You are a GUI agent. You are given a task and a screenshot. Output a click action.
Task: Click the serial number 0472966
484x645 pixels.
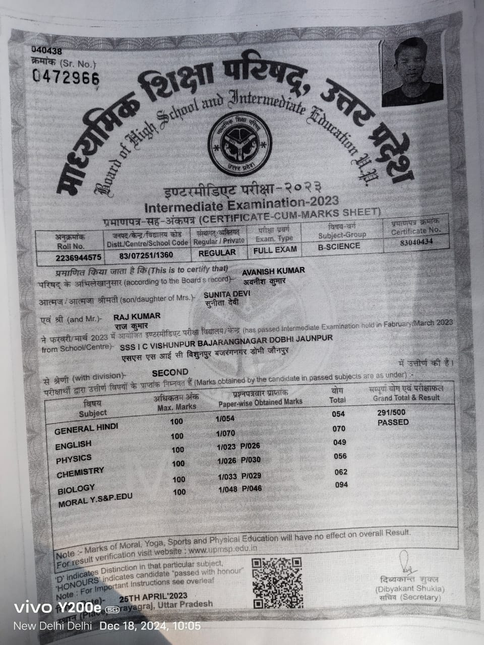(x=66, y=77)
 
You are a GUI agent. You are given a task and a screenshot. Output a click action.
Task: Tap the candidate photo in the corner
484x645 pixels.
(x=412, y=72)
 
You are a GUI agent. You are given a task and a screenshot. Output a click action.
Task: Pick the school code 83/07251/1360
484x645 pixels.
(x=146, y=255)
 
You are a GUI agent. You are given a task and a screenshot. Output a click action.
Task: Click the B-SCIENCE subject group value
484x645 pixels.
(x=339, y=246)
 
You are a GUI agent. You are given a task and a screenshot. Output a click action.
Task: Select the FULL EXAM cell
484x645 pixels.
(x=275, y=249)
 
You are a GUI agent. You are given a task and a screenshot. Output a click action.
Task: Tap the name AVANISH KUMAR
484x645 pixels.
(x=273, y=271)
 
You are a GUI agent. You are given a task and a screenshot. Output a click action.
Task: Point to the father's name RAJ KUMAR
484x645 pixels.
(x=137, y=316)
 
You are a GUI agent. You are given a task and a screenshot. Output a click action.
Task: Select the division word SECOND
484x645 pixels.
(x=170, y=372)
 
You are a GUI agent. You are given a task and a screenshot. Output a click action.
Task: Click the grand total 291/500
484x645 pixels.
(x=391, y=412)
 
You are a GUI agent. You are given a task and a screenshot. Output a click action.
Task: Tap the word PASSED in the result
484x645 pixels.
(x=393, y=422)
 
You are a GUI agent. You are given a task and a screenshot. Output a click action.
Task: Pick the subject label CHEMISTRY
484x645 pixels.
(x=80, y=473)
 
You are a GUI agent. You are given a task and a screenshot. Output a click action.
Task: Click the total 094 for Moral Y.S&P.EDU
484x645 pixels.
(x=342, y=485)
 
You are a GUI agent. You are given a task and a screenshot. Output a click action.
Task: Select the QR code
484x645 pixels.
(x=277, y=583)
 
